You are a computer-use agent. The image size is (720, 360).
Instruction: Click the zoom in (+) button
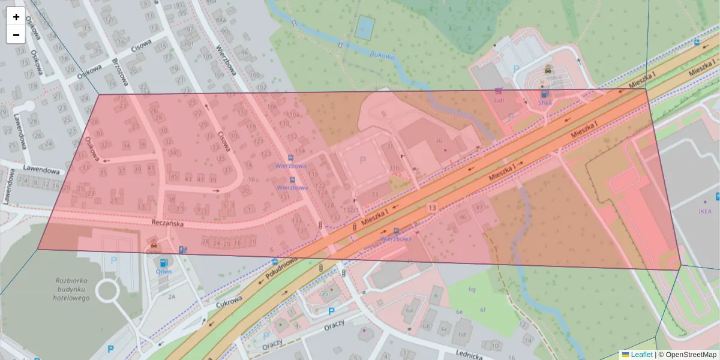pos(16,16)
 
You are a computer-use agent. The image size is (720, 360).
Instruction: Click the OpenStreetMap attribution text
pos(691,355)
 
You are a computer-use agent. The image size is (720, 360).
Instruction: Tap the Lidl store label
pos(499,101)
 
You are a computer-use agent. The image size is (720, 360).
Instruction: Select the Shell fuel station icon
pos(544,94)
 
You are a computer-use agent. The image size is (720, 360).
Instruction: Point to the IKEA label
pos(705,212)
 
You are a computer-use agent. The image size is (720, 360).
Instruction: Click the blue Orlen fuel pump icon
pos(163,263)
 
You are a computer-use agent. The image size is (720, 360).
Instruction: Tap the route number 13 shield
pos(432,208)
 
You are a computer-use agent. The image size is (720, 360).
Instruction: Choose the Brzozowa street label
pos(121,72)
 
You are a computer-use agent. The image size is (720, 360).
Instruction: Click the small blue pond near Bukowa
pos(364,27)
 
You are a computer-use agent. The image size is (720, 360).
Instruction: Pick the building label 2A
pos(172,296)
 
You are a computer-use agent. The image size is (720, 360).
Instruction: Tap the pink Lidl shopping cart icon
pos(498,91)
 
